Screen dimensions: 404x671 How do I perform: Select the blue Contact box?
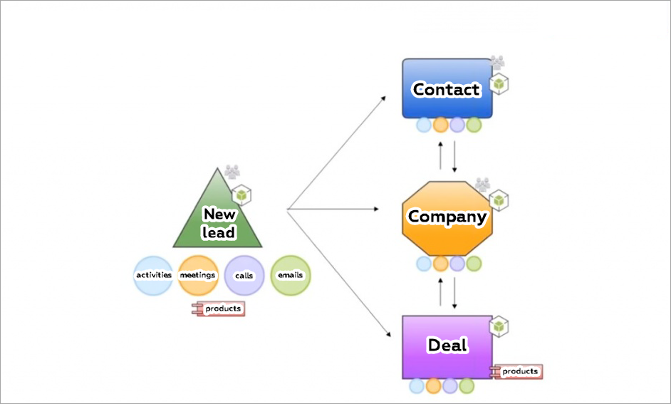click(x=447, y=89)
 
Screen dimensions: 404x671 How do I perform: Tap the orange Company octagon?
click(x=447, y=217)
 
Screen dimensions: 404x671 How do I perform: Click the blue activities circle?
click(x=153, y=275)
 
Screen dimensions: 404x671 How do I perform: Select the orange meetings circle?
click(x=198, y=275)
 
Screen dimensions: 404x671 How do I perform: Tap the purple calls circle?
click(x=244, y=275)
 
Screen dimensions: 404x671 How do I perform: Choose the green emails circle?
click(x=291, y=275)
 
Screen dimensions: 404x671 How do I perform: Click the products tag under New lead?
click(x=218, y=309)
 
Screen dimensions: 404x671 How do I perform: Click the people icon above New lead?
click(x=232, y=171)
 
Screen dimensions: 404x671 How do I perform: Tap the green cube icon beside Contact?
click(x=500, y=84)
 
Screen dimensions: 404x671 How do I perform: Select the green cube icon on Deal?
click(x=500, y=326)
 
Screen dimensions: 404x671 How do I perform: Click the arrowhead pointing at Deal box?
click(x=390, y=334)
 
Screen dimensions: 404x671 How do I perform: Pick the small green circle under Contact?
click(x=474, y=125)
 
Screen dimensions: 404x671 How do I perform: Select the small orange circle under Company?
click(x=440, y=264)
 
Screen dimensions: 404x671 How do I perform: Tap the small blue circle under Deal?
click(x=417, y=386)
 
